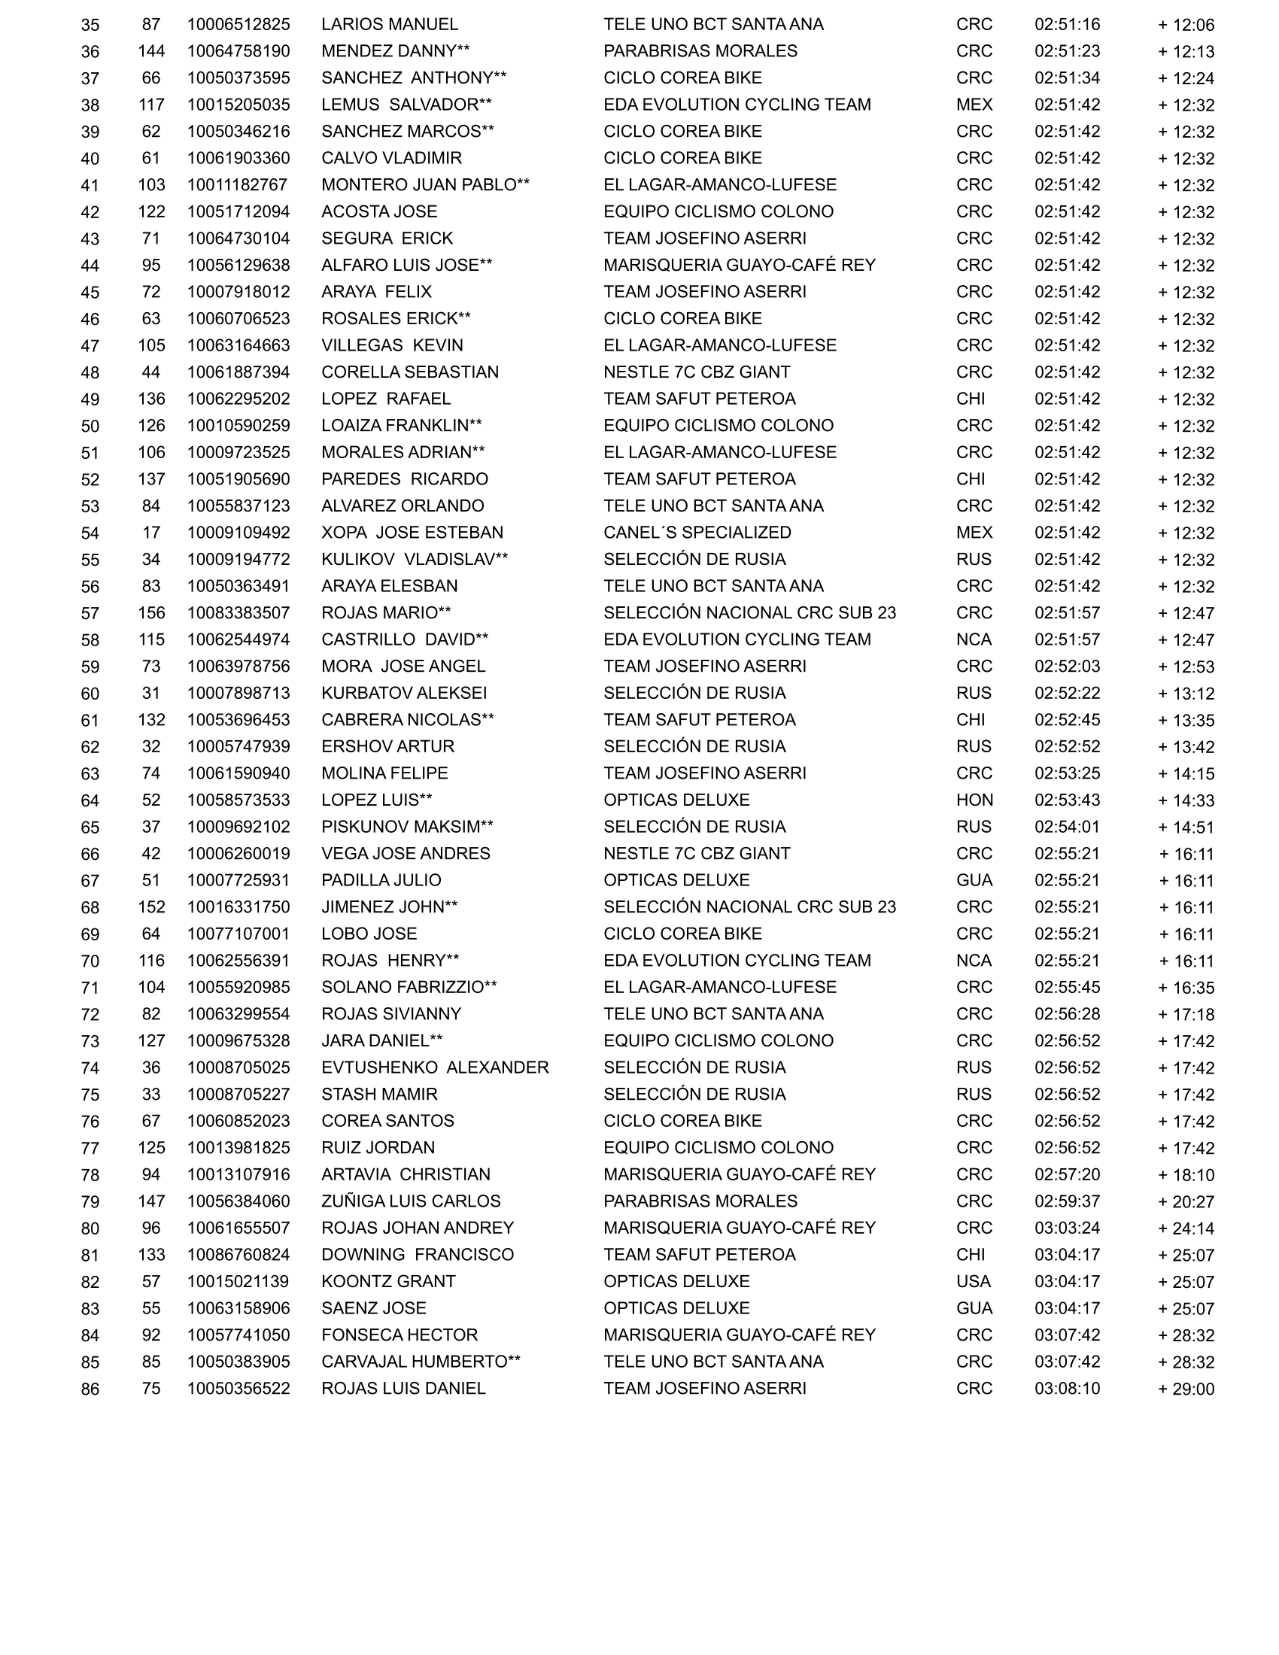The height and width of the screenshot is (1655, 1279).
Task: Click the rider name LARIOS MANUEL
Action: click(x=390, y=24)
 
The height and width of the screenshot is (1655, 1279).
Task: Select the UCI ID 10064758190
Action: click(x=238, y=50)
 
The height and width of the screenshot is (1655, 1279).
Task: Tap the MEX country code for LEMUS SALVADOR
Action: click(x=974, y=105)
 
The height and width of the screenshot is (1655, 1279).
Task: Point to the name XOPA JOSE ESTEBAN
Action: click(x=412, y=533)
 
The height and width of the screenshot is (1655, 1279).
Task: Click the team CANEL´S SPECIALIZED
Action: click(x=697, y=533)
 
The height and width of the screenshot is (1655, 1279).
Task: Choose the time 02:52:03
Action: click(x=1067, y=666)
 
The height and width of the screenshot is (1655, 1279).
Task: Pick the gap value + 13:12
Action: click(x=1186, y=694)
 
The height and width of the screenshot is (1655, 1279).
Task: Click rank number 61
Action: click(x=90, y=721)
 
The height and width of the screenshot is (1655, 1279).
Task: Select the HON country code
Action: click(x=974, y=800)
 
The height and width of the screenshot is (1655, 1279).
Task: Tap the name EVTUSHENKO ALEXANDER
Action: click(x=435, y=1067)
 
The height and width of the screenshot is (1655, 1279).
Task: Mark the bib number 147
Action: click(x=151, y=1201)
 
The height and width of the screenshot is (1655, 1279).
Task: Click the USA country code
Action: click(x=974, y=1281)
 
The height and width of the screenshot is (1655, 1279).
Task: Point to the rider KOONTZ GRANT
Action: click(x=389, y=1281)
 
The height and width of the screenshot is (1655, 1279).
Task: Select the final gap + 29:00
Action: click(x=1186, y=1389)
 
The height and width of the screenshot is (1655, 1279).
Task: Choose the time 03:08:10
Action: click(x=1067, y=1388)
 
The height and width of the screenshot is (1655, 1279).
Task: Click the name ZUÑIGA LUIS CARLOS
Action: click(x=411, y=1201)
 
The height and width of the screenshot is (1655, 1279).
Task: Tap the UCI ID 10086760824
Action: click(x=238, y=1255)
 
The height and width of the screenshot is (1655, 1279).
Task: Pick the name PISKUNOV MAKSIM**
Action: click(x=407, y=827)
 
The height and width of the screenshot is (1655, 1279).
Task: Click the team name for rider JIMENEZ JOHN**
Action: click(x=749, y=907)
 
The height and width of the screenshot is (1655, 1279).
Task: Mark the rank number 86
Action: click(x=90, y=1389)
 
